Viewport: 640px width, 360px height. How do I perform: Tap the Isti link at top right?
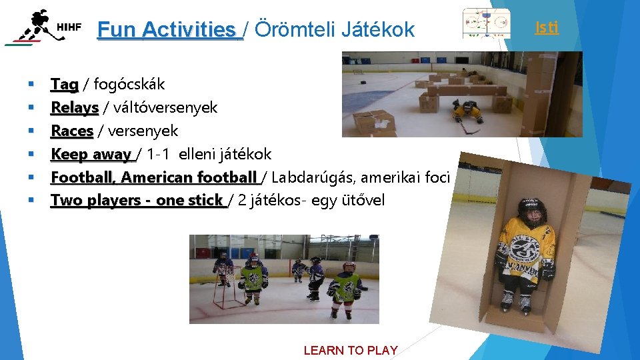coord(547,27)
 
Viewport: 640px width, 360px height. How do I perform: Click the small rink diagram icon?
coord(486,25)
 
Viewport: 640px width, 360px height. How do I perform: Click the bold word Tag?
coord(65,84)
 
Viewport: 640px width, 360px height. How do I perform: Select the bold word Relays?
coord(75,107)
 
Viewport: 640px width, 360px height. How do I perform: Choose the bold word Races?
coord(72,131)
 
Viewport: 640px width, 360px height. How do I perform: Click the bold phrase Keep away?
coord(92,154)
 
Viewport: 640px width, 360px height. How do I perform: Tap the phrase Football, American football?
coord(153,177)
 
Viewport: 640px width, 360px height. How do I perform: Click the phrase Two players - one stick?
coord(137,200)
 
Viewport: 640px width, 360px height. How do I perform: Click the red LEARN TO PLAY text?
coord(351,350)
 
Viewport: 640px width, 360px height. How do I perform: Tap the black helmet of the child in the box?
coord(531,210)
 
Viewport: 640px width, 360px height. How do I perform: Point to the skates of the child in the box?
coord(517,303)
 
